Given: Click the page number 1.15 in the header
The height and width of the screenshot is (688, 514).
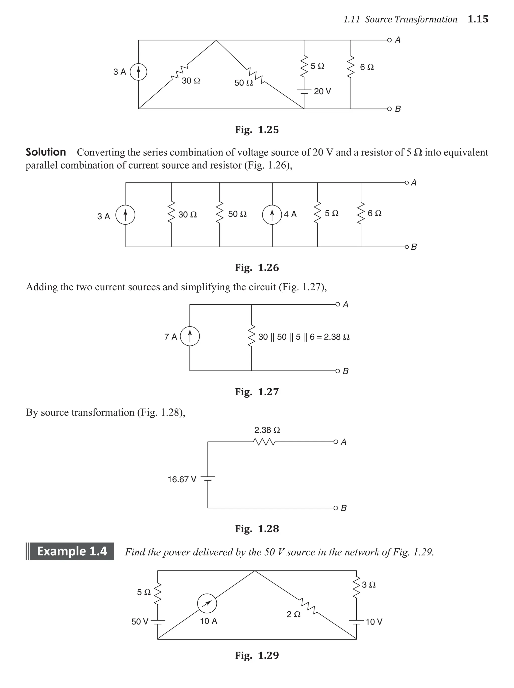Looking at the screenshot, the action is point(478,19).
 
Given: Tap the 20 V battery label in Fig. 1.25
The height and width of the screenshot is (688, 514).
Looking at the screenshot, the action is point(322,91).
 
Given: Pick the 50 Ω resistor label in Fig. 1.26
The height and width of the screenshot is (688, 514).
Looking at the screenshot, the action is point(237,214).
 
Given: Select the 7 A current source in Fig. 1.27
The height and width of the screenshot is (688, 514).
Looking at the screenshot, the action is point(189,337).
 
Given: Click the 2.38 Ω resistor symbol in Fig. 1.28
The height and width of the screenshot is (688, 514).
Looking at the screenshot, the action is point(264,442).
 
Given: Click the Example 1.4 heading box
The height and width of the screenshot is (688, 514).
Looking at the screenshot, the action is point(72,551).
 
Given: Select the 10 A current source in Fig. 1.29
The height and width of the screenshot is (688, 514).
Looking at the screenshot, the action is point(207,604).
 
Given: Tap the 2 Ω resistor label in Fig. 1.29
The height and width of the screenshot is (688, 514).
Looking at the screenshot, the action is point(293,614).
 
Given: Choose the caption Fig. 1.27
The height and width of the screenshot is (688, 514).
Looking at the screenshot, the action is point(257,392).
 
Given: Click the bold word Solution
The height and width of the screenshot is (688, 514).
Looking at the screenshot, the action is point(46,152).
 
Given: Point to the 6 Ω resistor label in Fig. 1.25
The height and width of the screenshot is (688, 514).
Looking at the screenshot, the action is point(367,67).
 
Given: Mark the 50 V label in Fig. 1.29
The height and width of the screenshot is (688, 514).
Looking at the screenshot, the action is point(140,621).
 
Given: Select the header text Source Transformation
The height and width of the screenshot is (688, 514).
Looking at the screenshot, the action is point(411,20).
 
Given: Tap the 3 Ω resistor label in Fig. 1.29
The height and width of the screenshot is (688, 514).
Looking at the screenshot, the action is point(369,585).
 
